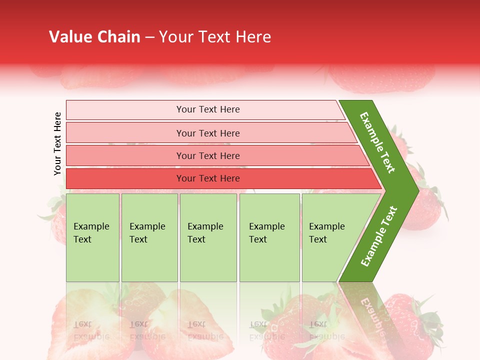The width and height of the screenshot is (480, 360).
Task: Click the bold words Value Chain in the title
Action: [94, 37]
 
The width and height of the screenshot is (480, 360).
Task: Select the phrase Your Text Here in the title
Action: [215, 37]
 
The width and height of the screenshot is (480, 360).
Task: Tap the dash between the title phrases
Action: [149, 37]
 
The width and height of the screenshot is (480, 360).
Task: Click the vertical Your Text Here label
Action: [57, 143]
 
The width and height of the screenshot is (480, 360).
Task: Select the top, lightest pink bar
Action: [205, 109]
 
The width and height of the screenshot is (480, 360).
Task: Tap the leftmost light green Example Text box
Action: [92, 237]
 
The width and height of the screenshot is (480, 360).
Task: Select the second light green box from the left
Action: [149, 237]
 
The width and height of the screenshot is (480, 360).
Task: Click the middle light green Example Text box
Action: [208, 237]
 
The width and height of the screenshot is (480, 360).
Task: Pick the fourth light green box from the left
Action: [269, 237]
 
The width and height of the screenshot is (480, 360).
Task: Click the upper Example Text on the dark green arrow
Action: [377, 142]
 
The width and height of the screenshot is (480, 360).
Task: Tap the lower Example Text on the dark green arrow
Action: [378, 236]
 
